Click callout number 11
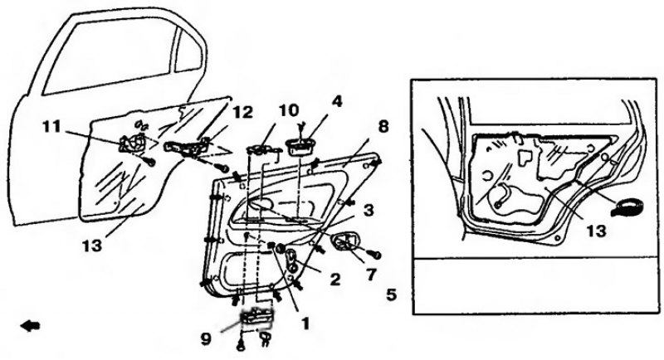click(51, 126)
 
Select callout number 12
click(242, 112)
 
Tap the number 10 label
click(288, 109)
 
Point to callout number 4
click(337, 101)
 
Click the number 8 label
click(383, 126)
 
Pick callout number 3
click(369, 210)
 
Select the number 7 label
click(371, 275)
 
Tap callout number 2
click(335, 279)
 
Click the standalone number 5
click(391, 294)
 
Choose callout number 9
click(206, 339)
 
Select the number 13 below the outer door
click(92, 245)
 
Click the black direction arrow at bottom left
click(31, 326)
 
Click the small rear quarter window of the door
click(188, 51)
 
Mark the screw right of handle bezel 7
click(375, 255)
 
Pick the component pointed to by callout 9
click(256, 318)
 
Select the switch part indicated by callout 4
click(300, 147)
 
